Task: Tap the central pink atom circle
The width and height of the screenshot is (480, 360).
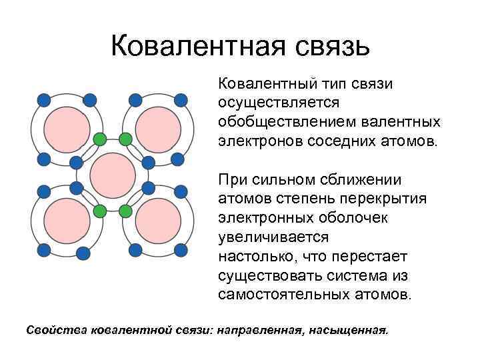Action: point(112,175)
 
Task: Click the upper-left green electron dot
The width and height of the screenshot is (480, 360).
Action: point(99,139)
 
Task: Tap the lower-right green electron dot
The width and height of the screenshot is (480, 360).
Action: point(125,211)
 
